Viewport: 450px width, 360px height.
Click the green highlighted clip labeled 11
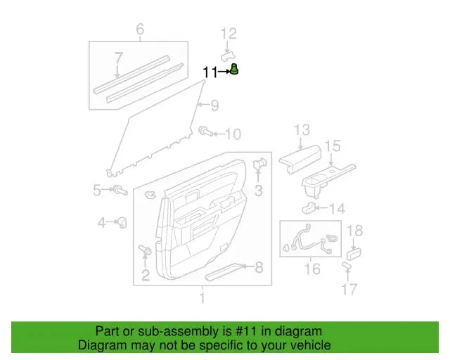(234, 69)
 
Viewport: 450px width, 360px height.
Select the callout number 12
(229, 33)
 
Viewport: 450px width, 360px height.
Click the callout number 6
(139, 29)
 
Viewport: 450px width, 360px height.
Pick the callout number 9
(214, 106)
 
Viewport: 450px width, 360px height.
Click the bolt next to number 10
(205, 131)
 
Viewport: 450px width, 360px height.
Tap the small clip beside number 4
(122, 222)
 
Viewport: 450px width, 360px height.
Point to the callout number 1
(202, 300)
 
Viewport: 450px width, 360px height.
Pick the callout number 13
(302, 129)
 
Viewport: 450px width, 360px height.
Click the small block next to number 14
(309, 208)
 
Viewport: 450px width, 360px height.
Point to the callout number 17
(349, 289)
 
